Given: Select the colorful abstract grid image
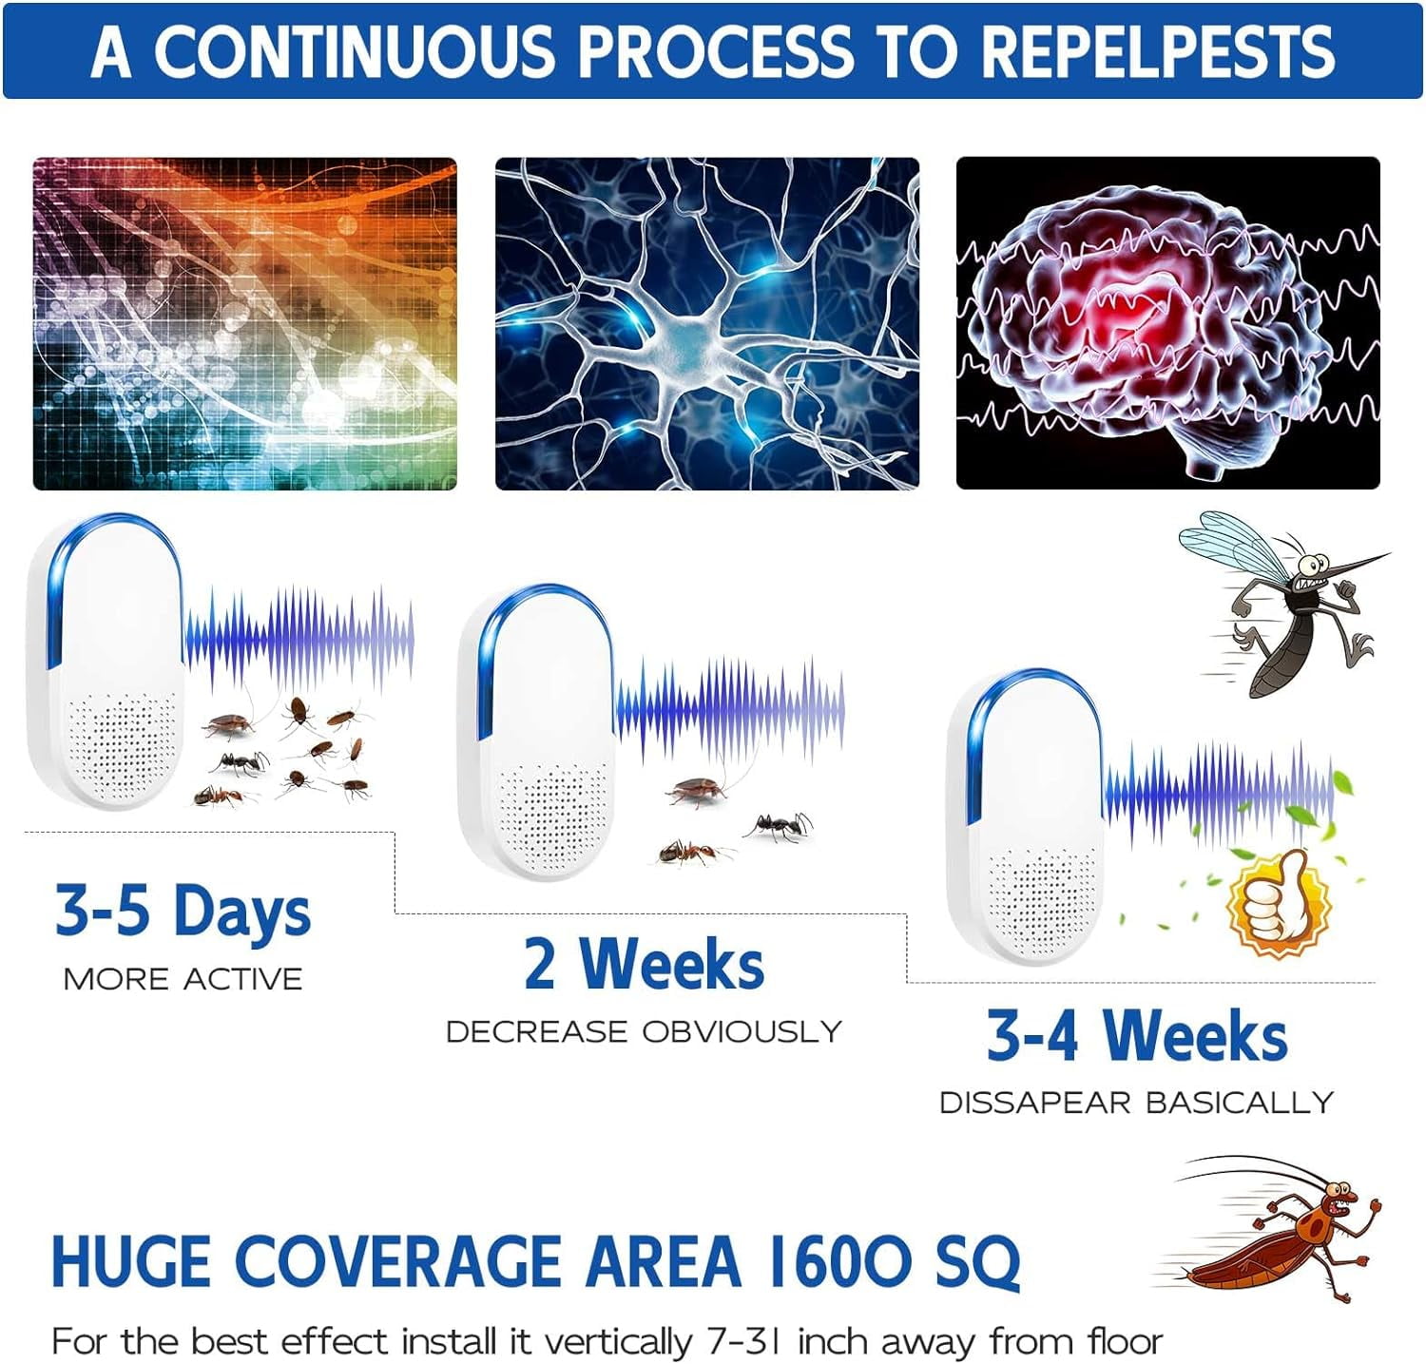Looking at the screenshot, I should tap(244, 323).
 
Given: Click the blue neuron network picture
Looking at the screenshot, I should tap(706, 323).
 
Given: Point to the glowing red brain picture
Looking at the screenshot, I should tap(1167, 323).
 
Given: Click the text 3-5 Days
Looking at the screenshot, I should tap(183, 911).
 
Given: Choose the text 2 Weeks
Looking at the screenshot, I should tap(644, 964).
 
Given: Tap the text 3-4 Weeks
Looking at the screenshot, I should tap(1137, 1035).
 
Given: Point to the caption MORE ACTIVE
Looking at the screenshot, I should tap(183, 979).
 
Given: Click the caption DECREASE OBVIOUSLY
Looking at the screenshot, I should tap(644, 1031).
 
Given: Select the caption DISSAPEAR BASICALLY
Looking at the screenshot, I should tap(1137, 1103).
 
